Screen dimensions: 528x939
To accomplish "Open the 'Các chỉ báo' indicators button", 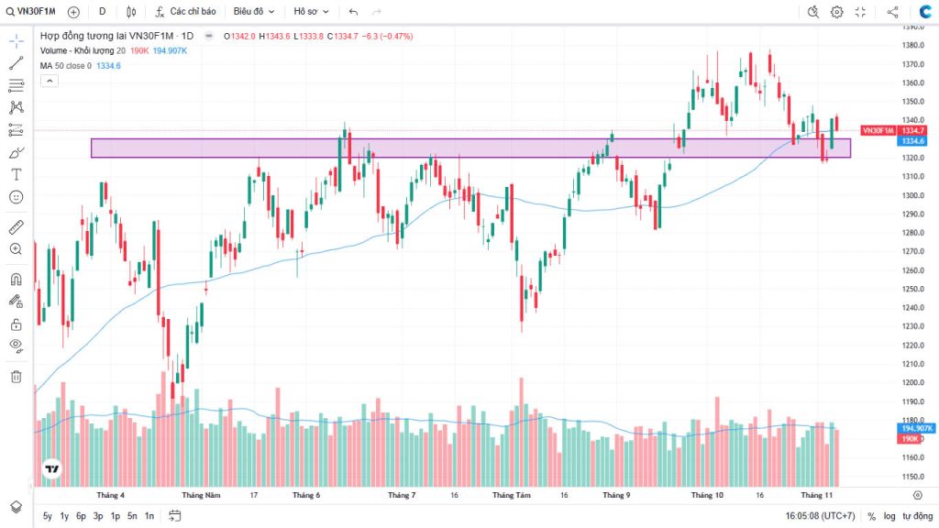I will click(x=186, y=12).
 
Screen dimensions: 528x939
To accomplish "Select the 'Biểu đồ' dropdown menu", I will click(x=254, y=12).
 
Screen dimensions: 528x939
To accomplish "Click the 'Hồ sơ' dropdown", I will click(x=311, y=12).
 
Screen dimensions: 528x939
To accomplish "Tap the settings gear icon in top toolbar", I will click(x=836, y=12).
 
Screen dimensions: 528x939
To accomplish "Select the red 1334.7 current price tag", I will click(x=912, y=131).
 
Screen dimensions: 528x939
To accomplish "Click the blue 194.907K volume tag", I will click(x=916, y=428).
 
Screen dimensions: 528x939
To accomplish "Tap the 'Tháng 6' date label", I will click(x=306, y=495).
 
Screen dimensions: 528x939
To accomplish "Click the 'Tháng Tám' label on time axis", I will click(x=512, y=495).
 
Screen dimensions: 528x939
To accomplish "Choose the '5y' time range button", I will click(x=48, y=516).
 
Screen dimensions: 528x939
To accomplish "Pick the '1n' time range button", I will click(x=149, y=516).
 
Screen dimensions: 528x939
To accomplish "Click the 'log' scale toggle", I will click(x=889, y=516).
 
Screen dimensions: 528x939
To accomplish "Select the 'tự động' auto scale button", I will click(x=917, y=516).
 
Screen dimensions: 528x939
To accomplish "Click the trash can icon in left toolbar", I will click(x=16, y=376).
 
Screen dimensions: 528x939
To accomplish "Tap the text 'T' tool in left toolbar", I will click(x=16, y=174).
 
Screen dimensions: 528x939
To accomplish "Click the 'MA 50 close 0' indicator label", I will click(x=65, y=66).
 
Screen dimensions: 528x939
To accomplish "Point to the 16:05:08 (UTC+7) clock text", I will click(x=820, y=516).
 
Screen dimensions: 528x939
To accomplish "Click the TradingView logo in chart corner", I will click(x=52, y=469).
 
